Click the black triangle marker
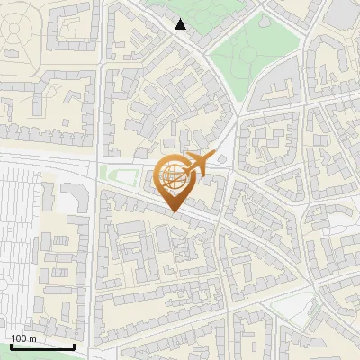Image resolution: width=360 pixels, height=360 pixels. point(181,24)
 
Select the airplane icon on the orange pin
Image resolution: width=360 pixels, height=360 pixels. point(198,164)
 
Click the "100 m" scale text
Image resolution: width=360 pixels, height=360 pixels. point(23,338)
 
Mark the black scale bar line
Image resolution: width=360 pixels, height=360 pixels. point(42,346)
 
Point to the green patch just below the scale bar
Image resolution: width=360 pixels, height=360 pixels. point(36,356)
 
